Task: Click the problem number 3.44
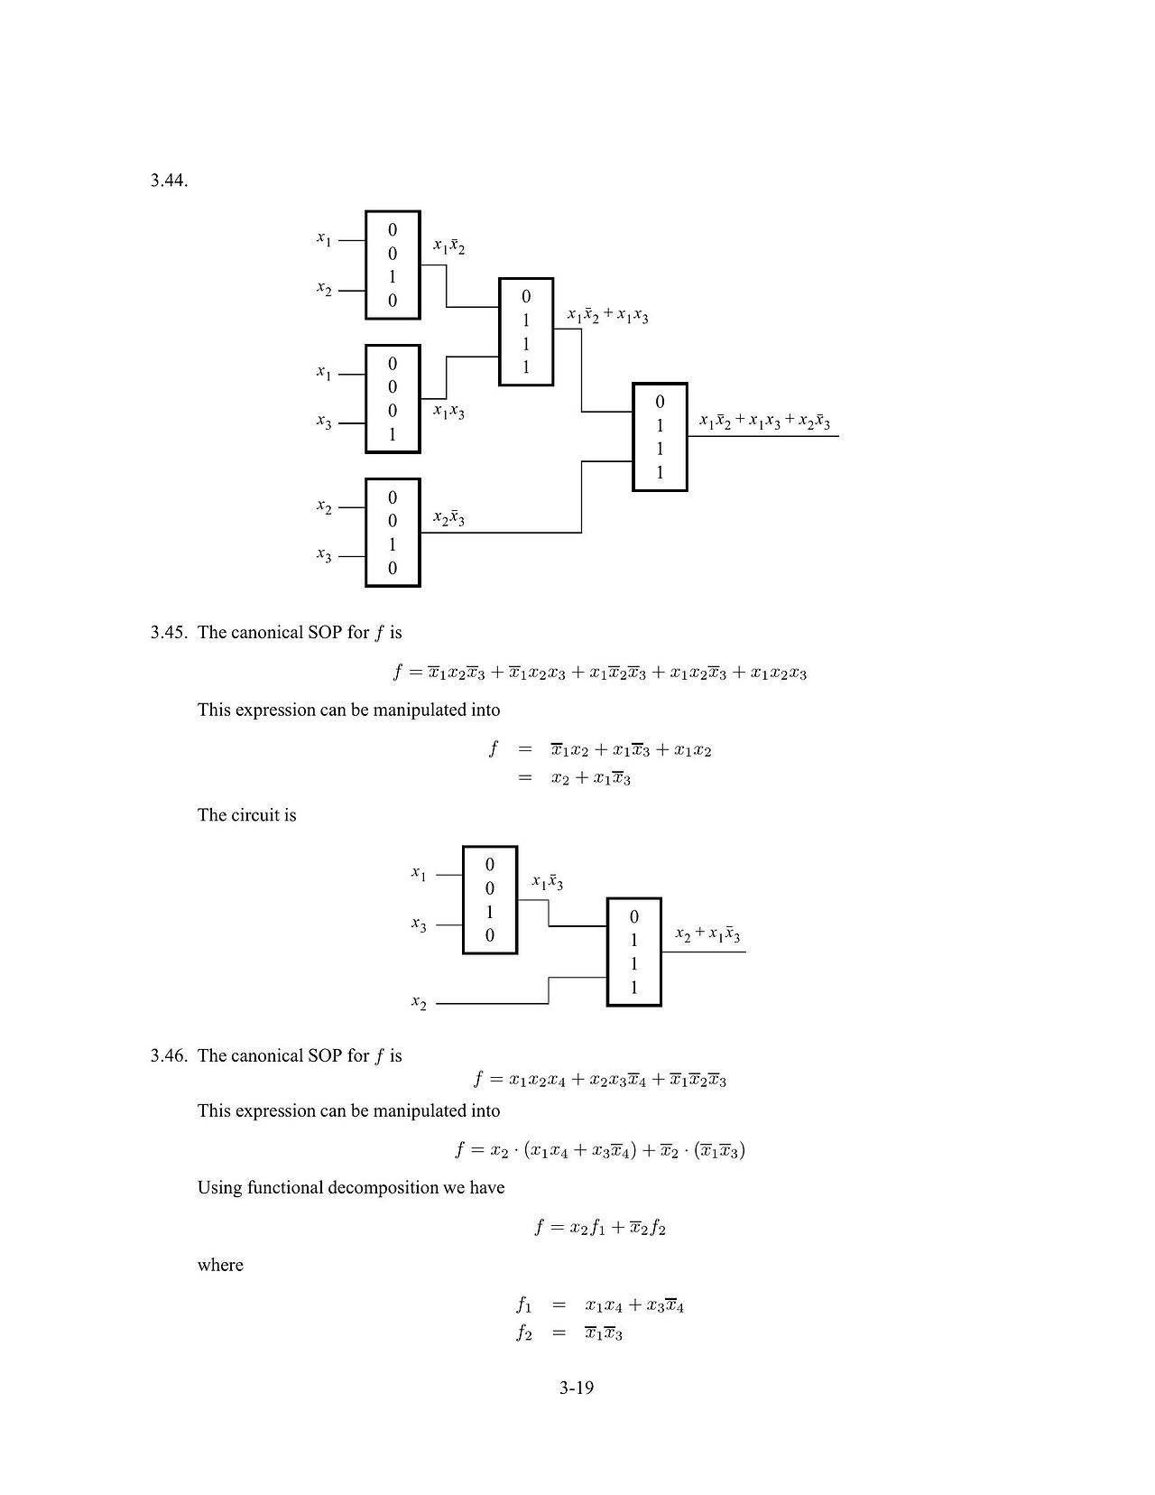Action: click(x=169, y=181)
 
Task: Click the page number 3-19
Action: click(x=577, y=1388)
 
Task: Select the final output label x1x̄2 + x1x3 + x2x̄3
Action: click(x=764, y=422)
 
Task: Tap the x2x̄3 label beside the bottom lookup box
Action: click(x=448, y=518)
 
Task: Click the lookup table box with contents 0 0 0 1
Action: click(x=393, y=398)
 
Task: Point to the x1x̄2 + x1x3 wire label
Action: click(x=607, y=315)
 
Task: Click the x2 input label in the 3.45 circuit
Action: click(x=419, y=1003)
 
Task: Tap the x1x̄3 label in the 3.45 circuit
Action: click(x=547, y=882)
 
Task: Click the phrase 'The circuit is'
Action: click(x=246, y=815)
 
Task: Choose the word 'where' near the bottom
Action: click(x=220, y=1265)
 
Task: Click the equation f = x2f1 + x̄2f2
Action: click(x=600, y=1228)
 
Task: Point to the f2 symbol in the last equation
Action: click(x=524, y=1333)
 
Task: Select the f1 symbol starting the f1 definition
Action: click(x=524, y=1305)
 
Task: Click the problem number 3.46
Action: click(x=169, y=1055)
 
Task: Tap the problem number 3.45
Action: click(x=169, y=632)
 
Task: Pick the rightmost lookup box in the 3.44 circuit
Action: click(x=660, y=437)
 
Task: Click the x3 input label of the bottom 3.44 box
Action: click(x=324, y=555)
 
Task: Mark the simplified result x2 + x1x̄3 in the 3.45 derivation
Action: click(x=590, y=778)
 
